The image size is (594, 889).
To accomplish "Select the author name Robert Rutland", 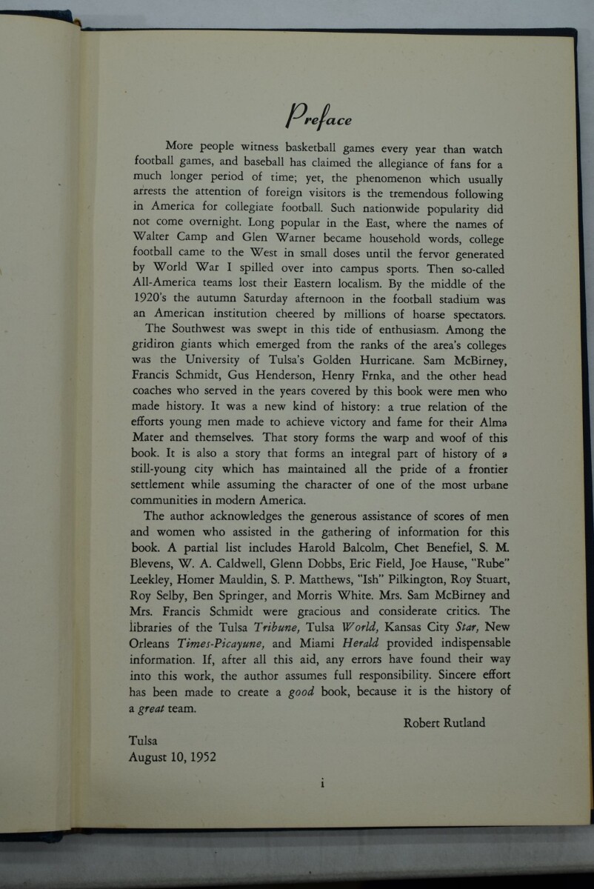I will pos(444,722).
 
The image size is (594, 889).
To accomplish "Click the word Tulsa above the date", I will pos(143,740).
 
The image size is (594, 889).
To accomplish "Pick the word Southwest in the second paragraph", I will pos(204,330).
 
